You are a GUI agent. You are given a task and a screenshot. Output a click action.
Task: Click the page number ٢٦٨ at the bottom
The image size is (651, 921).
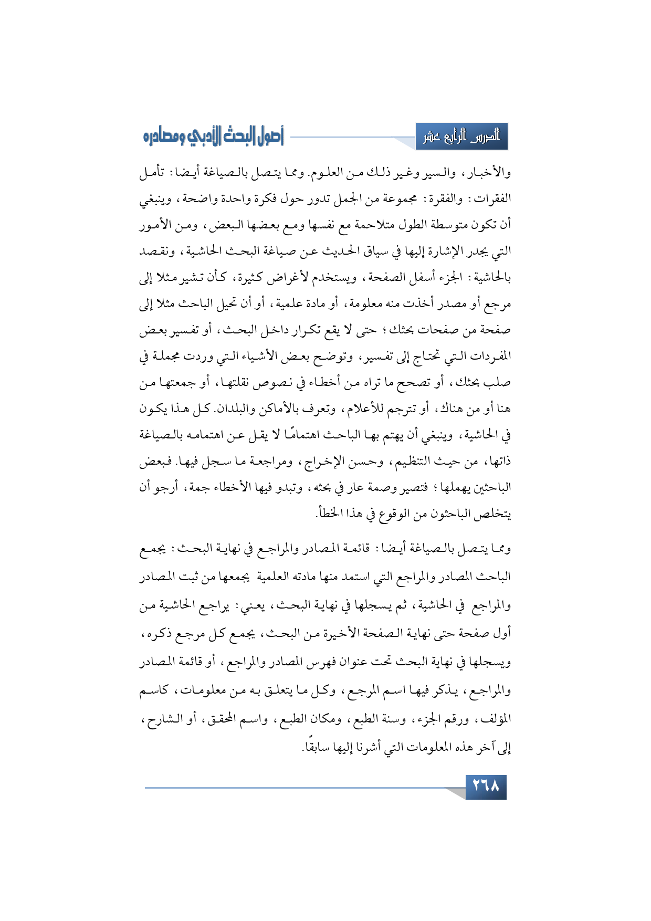tap(486, 787)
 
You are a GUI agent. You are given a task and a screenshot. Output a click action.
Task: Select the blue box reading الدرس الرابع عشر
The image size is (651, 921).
tap(461, 137)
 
